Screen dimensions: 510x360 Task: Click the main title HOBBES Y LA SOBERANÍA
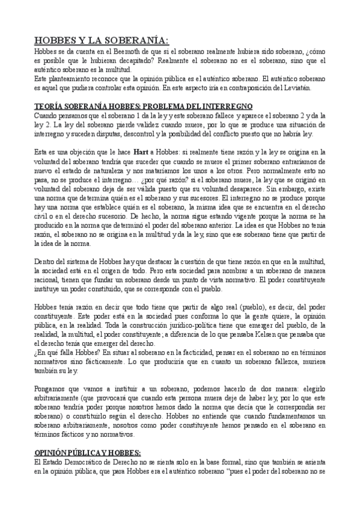(x=102, y=40)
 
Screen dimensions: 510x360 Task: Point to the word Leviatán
(x=312, y=88)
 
